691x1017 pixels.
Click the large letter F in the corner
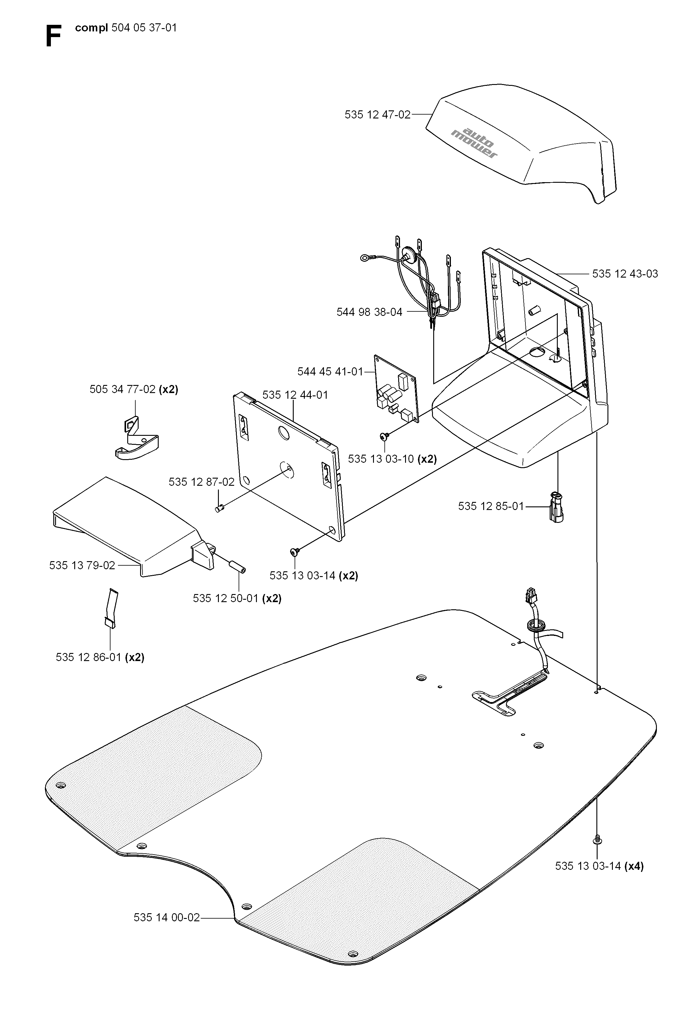coord(53,37)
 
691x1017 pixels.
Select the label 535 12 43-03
coord(625,274)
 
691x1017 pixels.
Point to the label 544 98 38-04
coord(369,312)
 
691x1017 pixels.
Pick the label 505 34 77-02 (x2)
coord(134,389)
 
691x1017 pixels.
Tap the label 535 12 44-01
coord(295,395)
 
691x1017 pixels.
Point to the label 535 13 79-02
coord(82,565)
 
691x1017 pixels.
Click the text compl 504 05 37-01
coord(126,28)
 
